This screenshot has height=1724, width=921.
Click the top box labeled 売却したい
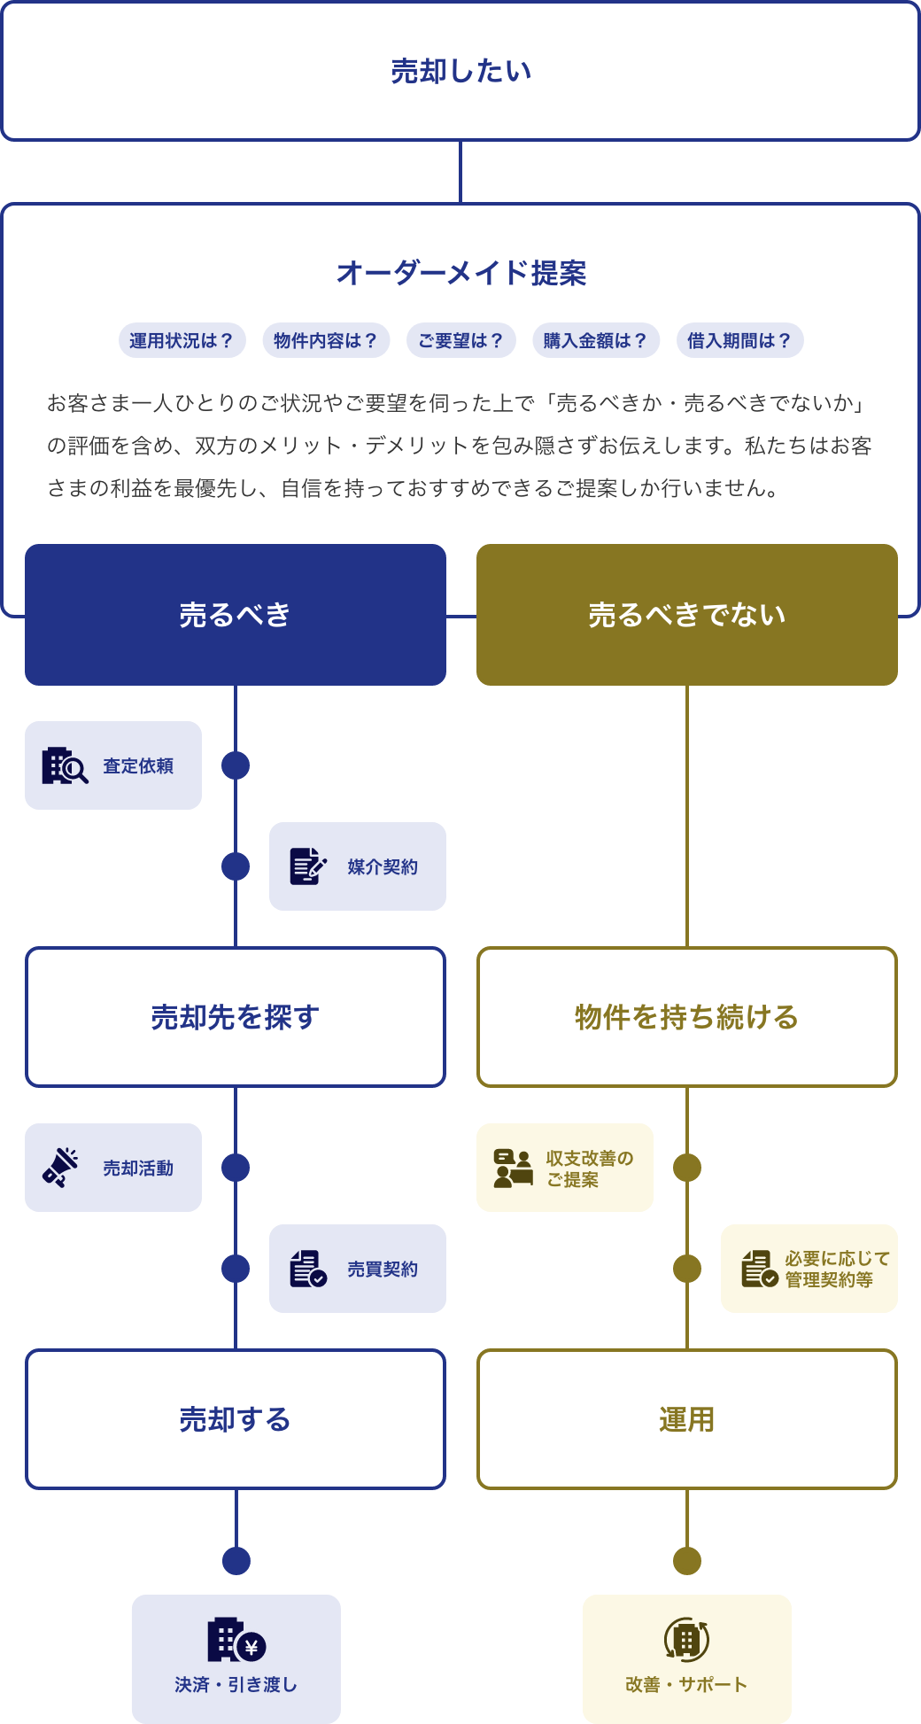click(x=460, y=72)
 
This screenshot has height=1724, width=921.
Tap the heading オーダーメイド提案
click(x=460, y=273)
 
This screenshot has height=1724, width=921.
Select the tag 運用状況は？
click(x=182, y=340)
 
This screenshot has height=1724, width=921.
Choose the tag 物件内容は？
click(x=326, y=340)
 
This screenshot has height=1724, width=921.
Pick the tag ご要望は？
click(x=460, y=340)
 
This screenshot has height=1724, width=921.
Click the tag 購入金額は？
click(x=595, y=340)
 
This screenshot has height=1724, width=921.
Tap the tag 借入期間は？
click(x=739, y=340)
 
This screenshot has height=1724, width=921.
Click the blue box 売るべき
click(x=235, y=615)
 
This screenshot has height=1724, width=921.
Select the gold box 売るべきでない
click(x=686, y=615)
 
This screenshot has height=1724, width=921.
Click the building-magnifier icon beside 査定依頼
click(x=65, y=765)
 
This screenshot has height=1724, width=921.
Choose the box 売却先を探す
click(x=235, y=1017)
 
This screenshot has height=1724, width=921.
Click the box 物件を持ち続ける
click(x=686, y=1017)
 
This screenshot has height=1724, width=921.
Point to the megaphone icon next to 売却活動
click(x=60, y=1168)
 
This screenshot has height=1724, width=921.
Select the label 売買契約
click(x=383, y=1269)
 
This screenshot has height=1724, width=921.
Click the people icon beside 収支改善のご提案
click(x=514, y=1168)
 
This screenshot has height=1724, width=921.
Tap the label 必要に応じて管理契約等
click(x=837, y=1269)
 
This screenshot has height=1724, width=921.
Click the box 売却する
click(x=235, y=1419)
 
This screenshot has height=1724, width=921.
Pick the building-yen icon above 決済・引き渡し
click(x=236, y=1641)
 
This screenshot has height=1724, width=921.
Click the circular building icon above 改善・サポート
click(x=686, y=1641)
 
